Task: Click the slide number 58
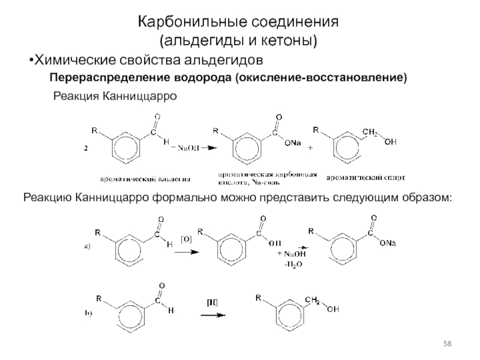tap(447, 343)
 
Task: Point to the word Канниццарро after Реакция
tap(140, 96)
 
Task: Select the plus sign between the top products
tap(310, 147)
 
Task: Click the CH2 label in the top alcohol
tap(370, 133)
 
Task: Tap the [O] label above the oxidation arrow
tap(187, 239)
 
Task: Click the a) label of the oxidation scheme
tap(87, 247)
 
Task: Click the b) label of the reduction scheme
tap(88, 313)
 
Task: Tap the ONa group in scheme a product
tap(386, 242)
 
